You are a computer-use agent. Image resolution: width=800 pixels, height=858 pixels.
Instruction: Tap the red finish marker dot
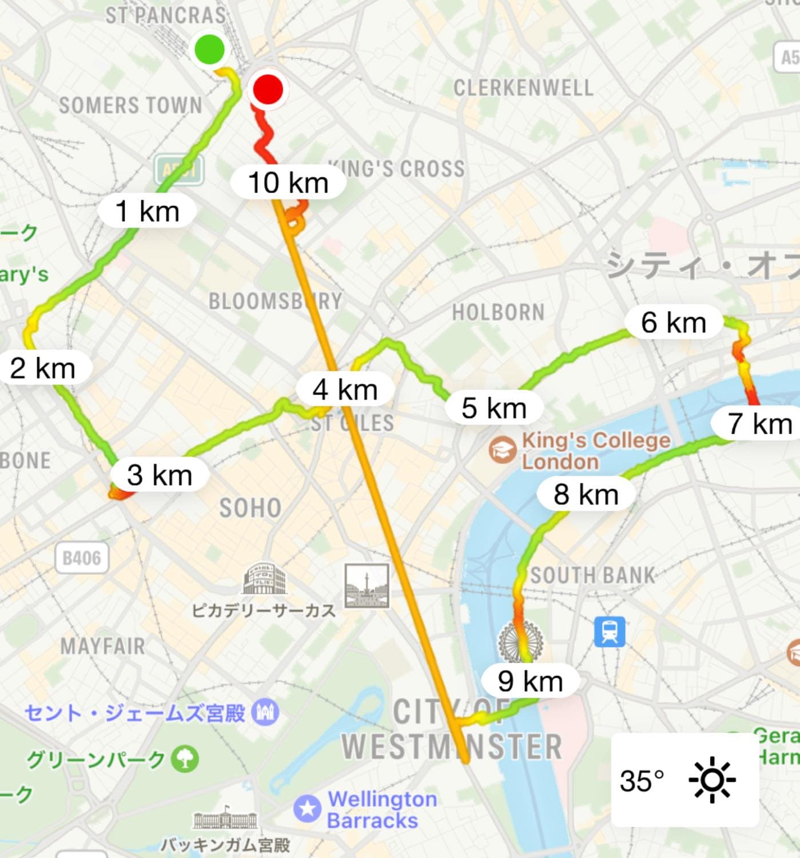[267, 89]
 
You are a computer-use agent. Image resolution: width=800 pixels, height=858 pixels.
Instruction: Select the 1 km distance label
[148, 211]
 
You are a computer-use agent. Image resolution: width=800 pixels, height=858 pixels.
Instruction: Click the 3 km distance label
[160, 475]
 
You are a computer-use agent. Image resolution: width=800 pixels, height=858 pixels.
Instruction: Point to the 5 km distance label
[493, 408]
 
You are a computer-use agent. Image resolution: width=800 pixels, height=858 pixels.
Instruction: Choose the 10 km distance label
[288, 183]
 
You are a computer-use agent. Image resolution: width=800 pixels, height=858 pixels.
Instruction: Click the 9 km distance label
[530, 681]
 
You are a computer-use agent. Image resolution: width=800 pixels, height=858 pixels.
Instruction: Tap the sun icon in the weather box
[712, 780]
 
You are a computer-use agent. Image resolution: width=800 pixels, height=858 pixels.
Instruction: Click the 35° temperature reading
[642, 780]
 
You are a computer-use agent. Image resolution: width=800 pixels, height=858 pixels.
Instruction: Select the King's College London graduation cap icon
[503, 450]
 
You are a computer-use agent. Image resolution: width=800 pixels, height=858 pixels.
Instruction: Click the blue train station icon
[610, 631]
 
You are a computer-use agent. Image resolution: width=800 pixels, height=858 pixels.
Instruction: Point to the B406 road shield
[82, 558]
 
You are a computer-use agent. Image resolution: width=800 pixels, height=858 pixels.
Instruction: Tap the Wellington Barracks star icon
[308, 809]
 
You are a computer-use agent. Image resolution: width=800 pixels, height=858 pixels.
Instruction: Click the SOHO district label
[250, 508]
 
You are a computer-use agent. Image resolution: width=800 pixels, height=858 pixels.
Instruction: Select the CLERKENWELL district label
[523, 88]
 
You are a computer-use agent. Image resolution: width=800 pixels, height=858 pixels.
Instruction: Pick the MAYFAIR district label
[103, 646]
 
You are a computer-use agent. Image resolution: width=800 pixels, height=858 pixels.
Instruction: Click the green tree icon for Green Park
[185, 759]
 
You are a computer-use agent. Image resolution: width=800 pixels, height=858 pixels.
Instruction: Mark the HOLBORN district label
[498, 312]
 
